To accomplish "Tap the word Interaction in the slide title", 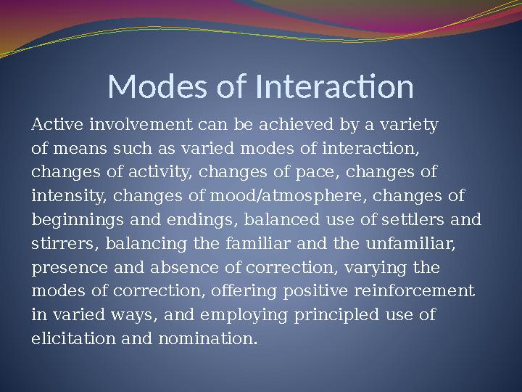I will (335, 87).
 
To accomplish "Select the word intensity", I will (70, 196).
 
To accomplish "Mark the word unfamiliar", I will (416, 244).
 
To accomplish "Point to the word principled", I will (327, 314).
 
